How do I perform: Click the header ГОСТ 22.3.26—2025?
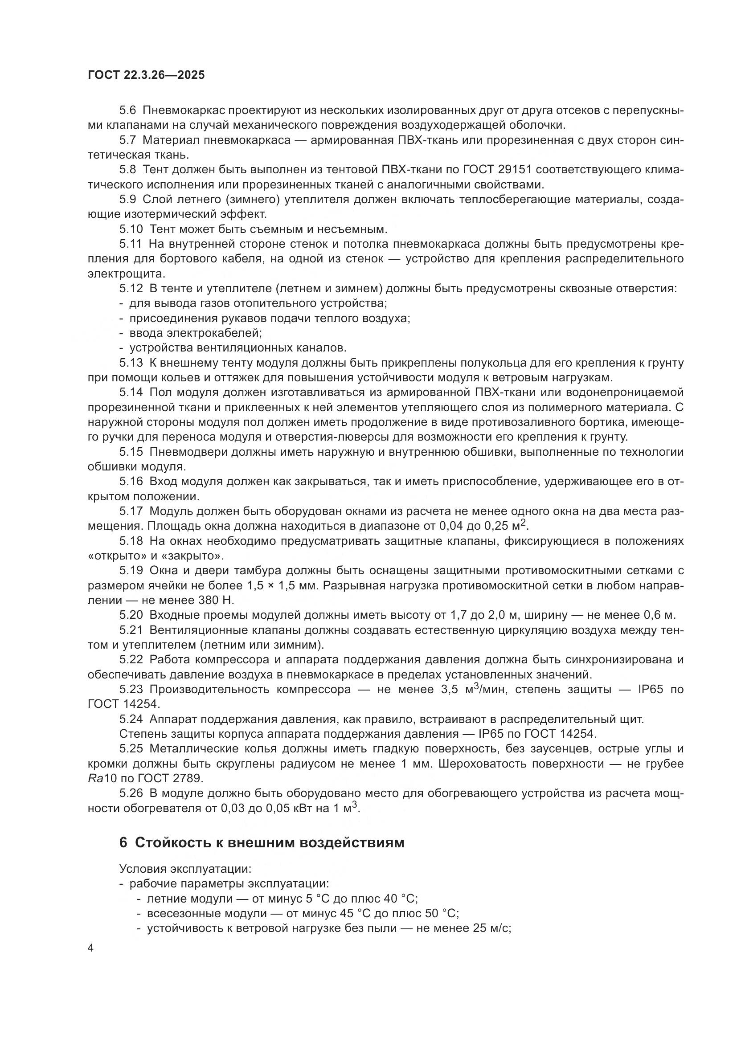click(x=146, y=75)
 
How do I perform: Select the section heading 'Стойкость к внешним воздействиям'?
click(x=270, y=843)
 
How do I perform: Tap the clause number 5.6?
click(x=127, y=110)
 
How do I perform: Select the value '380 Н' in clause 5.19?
click(x=216, y=601)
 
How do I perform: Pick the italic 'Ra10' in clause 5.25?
click(x=102, y=779)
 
